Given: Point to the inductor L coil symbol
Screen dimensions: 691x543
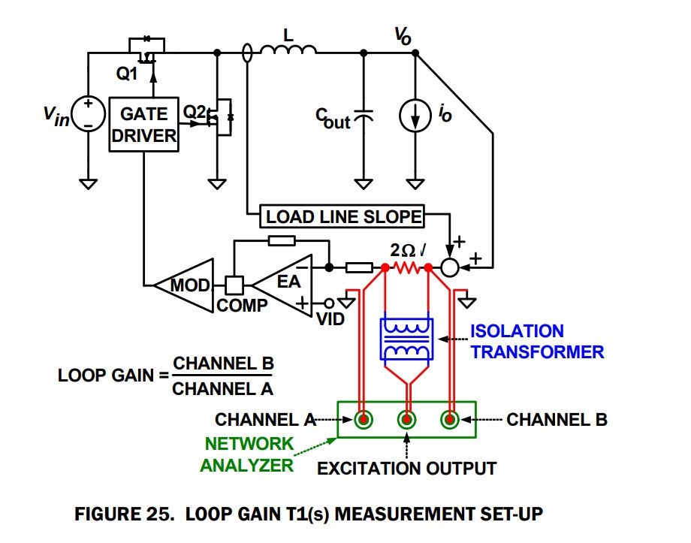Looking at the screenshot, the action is point(288,50).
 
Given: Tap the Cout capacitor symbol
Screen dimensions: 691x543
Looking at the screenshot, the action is point(364,116).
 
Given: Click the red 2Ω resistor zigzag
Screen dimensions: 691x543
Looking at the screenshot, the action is point(407,267).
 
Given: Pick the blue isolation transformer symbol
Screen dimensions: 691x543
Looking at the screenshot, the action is point(407,339).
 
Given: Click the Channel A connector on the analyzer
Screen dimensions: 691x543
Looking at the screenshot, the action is point(363,420).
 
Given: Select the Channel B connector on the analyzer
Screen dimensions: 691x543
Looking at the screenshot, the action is point(450,420).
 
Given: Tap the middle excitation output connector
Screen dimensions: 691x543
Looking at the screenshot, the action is point(407,420).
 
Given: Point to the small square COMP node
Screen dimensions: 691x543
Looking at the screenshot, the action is point(234,285).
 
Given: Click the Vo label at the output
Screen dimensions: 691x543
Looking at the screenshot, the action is point(403,36).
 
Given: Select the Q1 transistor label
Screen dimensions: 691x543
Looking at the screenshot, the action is point(127,74).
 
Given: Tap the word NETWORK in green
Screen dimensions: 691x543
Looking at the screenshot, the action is point(249,444).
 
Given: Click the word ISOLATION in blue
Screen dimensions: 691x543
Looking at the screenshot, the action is point(517,331).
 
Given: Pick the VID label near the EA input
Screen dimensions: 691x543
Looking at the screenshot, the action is point(330,319).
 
